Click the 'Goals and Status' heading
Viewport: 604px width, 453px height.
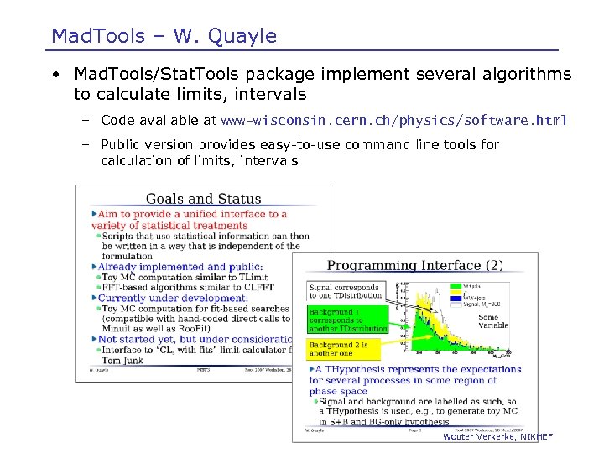(x=203, y=199)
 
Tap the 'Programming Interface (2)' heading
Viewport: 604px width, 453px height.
(x=414, y=265)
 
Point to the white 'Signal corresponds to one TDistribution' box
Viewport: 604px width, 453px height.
(x=344, y=291)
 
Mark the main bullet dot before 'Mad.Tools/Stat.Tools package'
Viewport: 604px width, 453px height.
(x=54, y=75)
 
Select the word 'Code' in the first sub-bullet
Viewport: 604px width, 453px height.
(x=118, y=121)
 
